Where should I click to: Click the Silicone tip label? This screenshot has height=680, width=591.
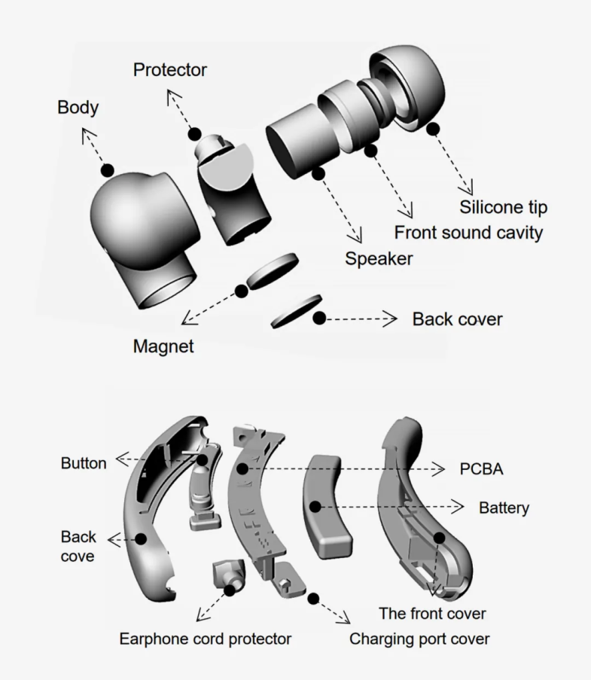[503, 206]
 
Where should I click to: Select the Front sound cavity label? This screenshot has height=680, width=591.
[468, 232]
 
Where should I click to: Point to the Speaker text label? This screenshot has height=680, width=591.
[379, 259]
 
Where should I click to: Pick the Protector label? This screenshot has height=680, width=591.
[169, 71]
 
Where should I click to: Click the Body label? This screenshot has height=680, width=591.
[78, 107]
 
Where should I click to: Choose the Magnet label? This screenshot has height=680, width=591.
[163, 347]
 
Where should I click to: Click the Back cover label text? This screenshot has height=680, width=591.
[457, 319]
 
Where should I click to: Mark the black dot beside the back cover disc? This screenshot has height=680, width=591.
[319, 319]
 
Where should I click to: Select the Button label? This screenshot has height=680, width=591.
[83, 463]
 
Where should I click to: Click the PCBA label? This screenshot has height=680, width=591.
[481, 469]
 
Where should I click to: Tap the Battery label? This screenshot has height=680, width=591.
[504, 508]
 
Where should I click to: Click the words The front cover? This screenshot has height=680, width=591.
[431, 613]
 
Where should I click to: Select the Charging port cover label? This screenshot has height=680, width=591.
[419, 639]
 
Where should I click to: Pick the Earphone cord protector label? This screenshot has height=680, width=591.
[206, 639]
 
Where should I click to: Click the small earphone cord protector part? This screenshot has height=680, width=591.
[228, 577]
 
